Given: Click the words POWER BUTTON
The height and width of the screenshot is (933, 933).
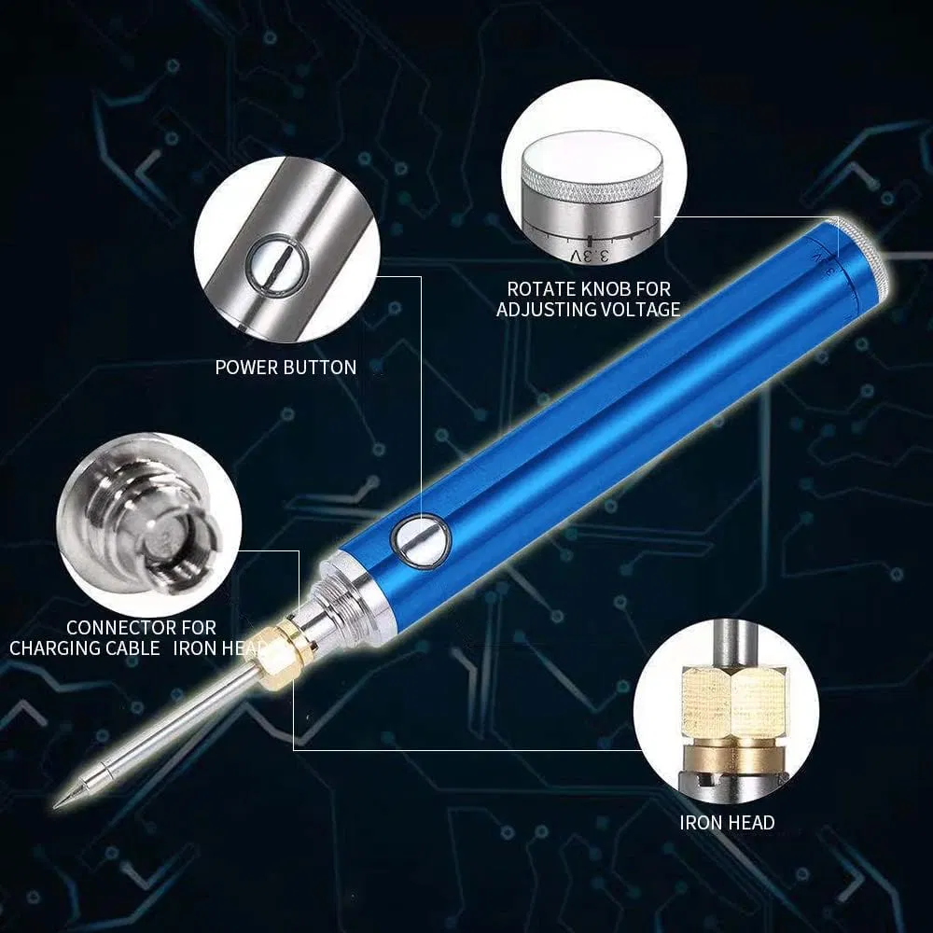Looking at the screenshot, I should point(285,368).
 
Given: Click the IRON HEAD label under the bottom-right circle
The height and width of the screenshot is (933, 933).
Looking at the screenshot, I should point(727,822).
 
